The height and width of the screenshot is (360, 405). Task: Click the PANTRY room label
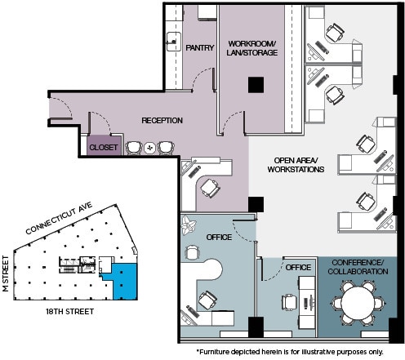click(x=199, y=47)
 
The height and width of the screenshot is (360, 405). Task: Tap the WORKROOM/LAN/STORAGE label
click(x=253, y=47)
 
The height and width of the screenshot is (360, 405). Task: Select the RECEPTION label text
click(x=162, y=121)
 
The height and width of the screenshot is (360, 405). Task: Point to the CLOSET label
click(x=104, y=148)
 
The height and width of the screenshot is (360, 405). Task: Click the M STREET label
click(x=6, y=276)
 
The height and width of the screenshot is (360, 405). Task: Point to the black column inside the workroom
click(x=257, y=83)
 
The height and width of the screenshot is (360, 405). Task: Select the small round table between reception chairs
click(x=149, y=148)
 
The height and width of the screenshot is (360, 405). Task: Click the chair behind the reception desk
click(x=210, y=187)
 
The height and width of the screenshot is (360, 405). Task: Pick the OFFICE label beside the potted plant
click(x=220, y=237)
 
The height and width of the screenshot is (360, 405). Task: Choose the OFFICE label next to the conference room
click(x=298, y=267)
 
